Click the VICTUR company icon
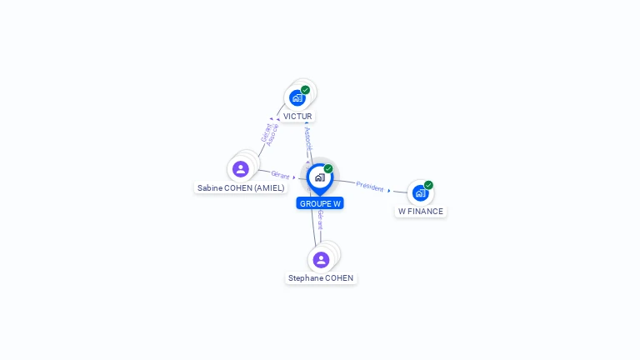pyautogui.click(x=297, y=97)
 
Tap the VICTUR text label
pyautogui.click(x=297, y=117)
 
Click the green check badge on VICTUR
pyautogui.click(x=306, y=90)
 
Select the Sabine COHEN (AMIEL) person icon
pyautogui.click(x=241, y=169)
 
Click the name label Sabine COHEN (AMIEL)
pyautogui.click(x=241, y=188)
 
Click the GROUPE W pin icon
pyautogui.click(x=319, y=177)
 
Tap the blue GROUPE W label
pyautogui.click(x=320, y=203)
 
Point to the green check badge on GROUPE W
pyautogui.click(x=328, y=169)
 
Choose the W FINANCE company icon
pyautogui.click(x=420, y=192)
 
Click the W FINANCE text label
pyautogui.click(x=421, y=212)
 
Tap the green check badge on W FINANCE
pyautogui.click(x=428, y=185)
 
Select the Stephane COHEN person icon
pyautogui.click(x=321, y=259)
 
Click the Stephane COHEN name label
pyautogui.click(x=321, y=278)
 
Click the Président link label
pyautogui.click(x=369, y=187)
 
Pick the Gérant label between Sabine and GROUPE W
pyautogui.click(x=280, y=175)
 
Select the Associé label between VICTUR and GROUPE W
pyautogui.click(x=308, y=139)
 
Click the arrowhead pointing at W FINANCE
pyautogui.click(x=389, y=191)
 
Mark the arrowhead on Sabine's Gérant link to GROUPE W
pyautogui.click(x=294, y=177)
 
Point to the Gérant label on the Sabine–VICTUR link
pyautogui.click(x=265, y=131)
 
